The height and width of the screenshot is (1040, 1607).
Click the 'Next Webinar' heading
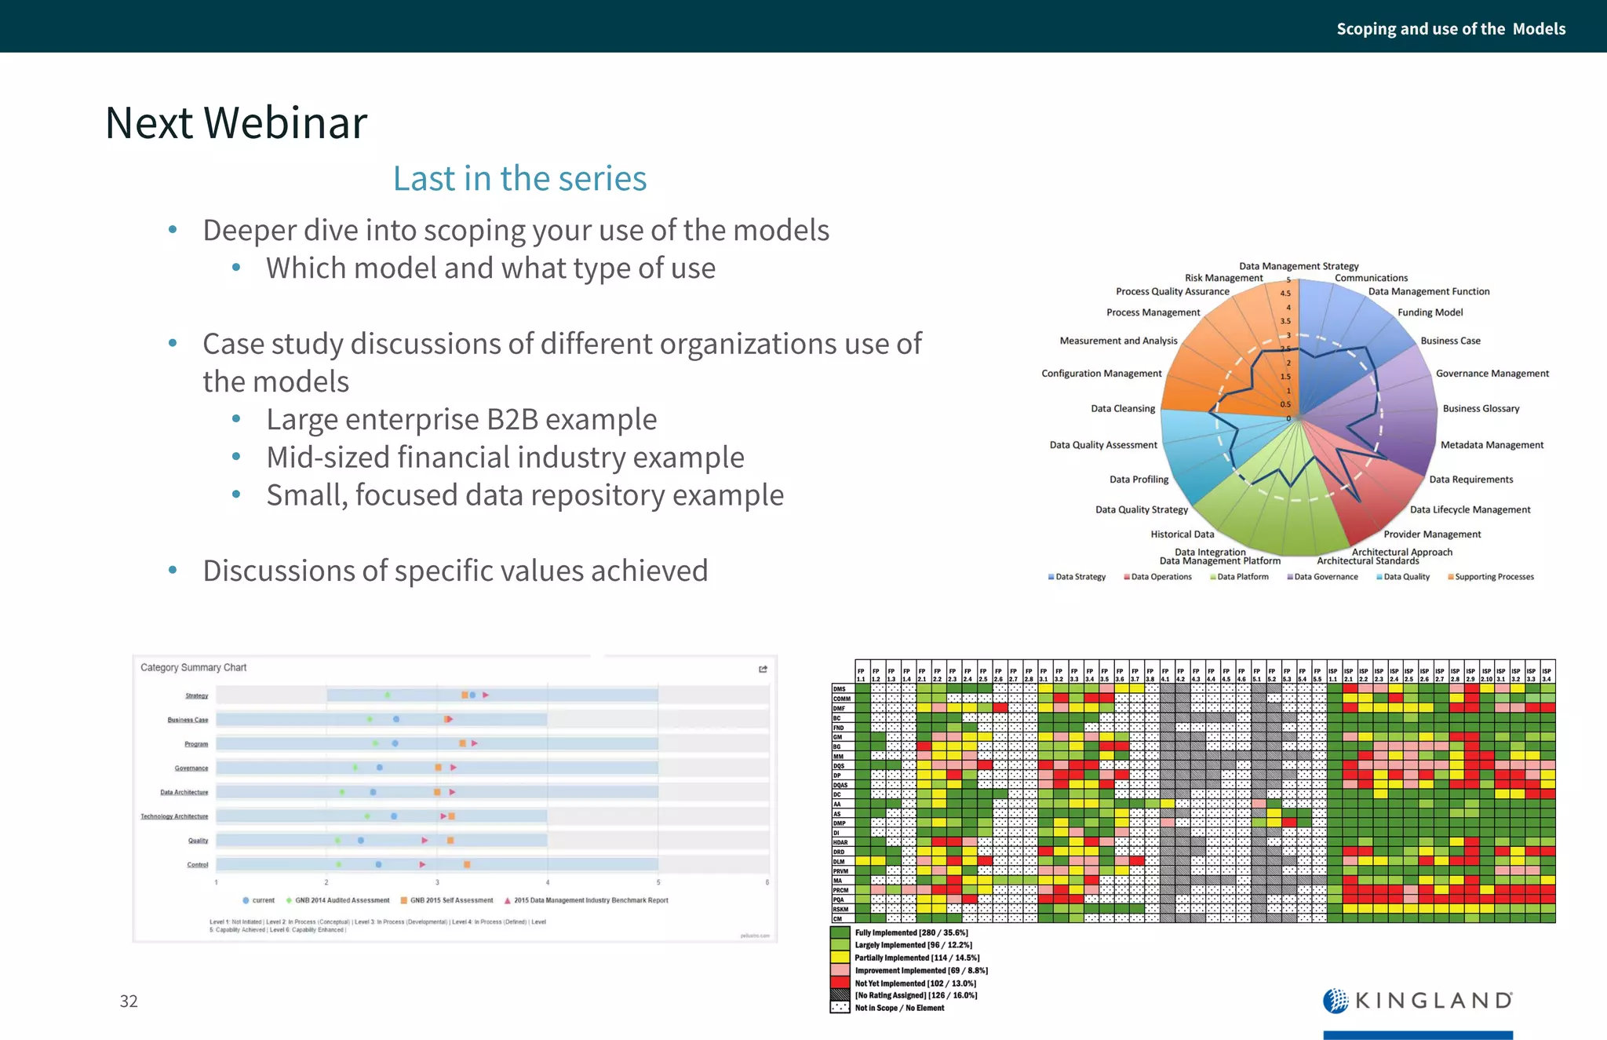click(235, 123)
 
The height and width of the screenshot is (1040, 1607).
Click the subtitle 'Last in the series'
click(519, 179)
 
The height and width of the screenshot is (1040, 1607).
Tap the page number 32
click(129, 1001)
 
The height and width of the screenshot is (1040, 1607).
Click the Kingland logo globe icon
click(1336, 1001)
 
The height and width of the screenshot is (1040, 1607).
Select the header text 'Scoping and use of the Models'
click(1450, 29)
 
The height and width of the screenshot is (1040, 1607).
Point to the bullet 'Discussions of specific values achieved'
click(455, 571)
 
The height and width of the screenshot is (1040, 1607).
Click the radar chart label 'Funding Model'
click(1430, 312)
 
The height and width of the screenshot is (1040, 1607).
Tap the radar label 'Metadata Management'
click(1492, 445)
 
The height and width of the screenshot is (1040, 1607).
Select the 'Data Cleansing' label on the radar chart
click(1122, 409)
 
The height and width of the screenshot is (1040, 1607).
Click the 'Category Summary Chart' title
click(193, 668)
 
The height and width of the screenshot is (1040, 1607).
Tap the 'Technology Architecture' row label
click(174, 816)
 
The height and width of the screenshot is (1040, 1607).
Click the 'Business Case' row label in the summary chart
click(188, 720)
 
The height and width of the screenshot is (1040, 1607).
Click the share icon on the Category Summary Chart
click(763, 669)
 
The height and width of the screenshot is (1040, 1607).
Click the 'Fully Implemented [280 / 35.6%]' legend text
click(911, 933)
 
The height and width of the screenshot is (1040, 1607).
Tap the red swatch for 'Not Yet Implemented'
click(840, 983)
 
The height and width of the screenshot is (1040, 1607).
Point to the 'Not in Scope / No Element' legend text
click(899, 1008)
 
